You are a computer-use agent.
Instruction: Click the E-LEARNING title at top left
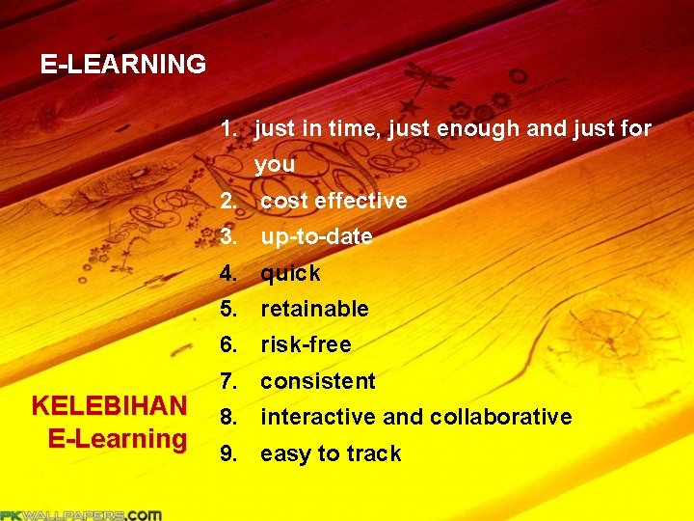(x=122, y=65)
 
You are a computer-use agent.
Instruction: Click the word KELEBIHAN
(x=109, y=405)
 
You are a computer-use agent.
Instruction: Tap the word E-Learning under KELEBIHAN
(x=117, y=439)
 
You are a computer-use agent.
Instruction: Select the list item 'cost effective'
(x=334, y=201)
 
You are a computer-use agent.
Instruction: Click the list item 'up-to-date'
(x=316, y=236)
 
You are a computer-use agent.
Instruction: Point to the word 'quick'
(x=290, y=273)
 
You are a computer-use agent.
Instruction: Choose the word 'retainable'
(x=314, y=309)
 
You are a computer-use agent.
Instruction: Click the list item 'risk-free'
(x=306, y=344)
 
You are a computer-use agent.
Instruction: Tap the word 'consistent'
(x=317, y=381)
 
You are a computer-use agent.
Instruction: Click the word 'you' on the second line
(x=275, y=165)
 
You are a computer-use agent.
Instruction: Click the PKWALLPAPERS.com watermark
(x=81, y=514)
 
